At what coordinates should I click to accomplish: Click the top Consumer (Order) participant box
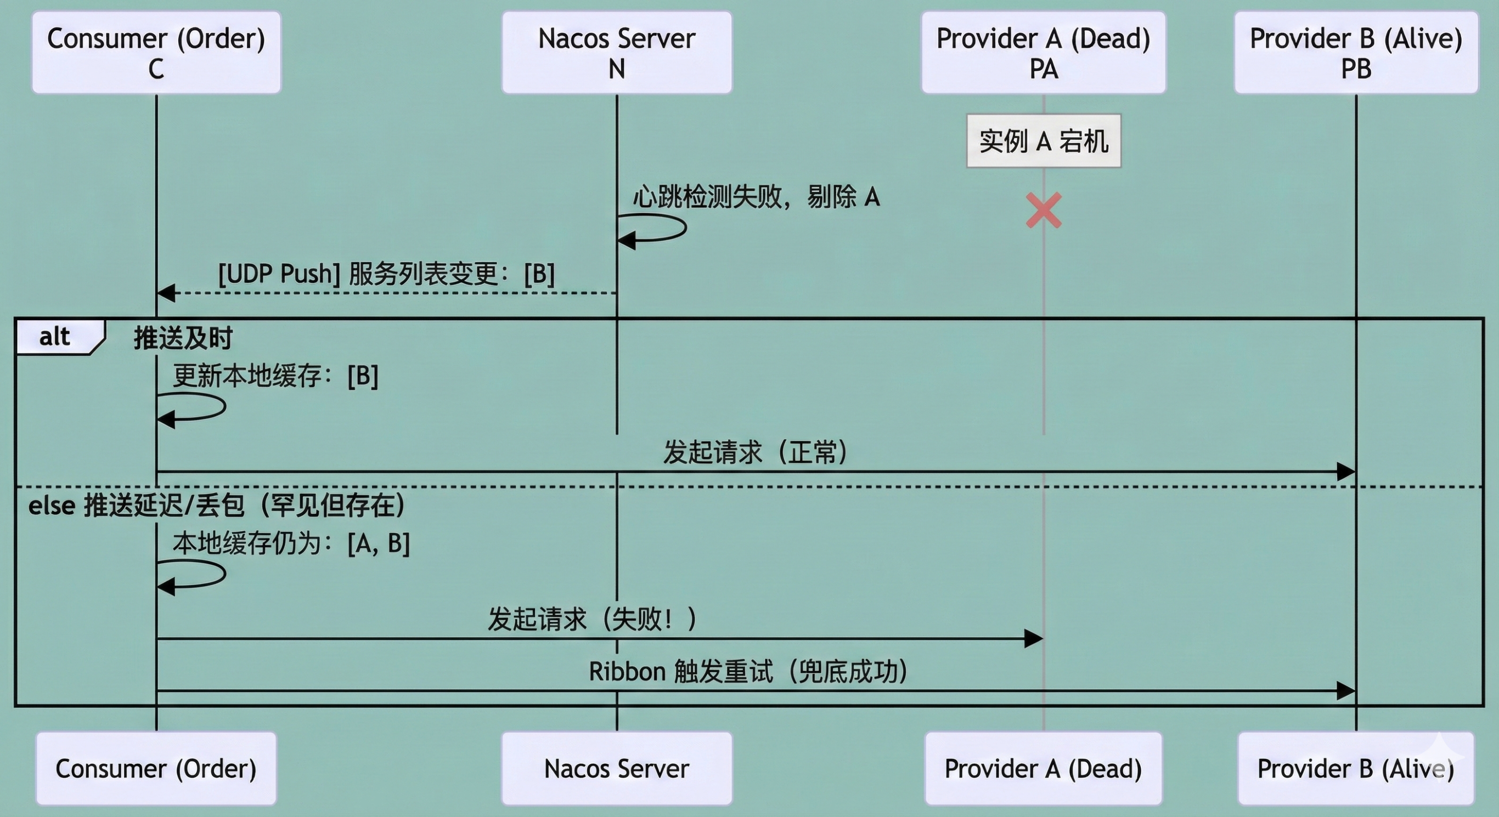156,52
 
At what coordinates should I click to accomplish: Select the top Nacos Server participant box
617,52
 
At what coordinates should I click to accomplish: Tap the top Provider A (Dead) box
1044,52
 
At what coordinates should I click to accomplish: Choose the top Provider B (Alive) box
1356,52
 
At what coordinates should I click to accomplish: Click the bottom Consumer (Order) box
156,768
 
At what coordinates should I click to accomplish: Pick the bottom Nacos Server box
617,768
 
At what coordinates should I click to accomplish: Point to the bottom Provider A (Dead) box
1044,768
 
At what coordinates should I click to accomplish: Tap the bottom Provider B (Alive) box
1356,768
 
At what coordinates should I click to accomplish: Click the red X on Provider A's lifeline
1044,211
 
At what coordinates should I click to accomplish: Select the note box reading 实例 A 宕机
1044,141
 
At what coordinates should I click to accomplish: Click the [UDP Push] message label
386,274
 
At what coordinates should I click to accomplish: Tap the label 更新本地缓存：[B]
276,376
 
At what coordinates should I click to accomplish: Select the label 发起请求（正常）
756,452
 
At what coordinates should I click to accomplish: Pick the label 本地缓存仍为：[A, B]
291,544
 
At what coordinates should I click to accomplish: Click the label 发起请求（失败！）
593,619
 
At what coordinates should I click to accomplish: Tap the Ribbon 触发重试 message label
748,672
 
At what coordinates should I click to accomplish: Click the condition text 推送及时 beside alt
183,338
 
